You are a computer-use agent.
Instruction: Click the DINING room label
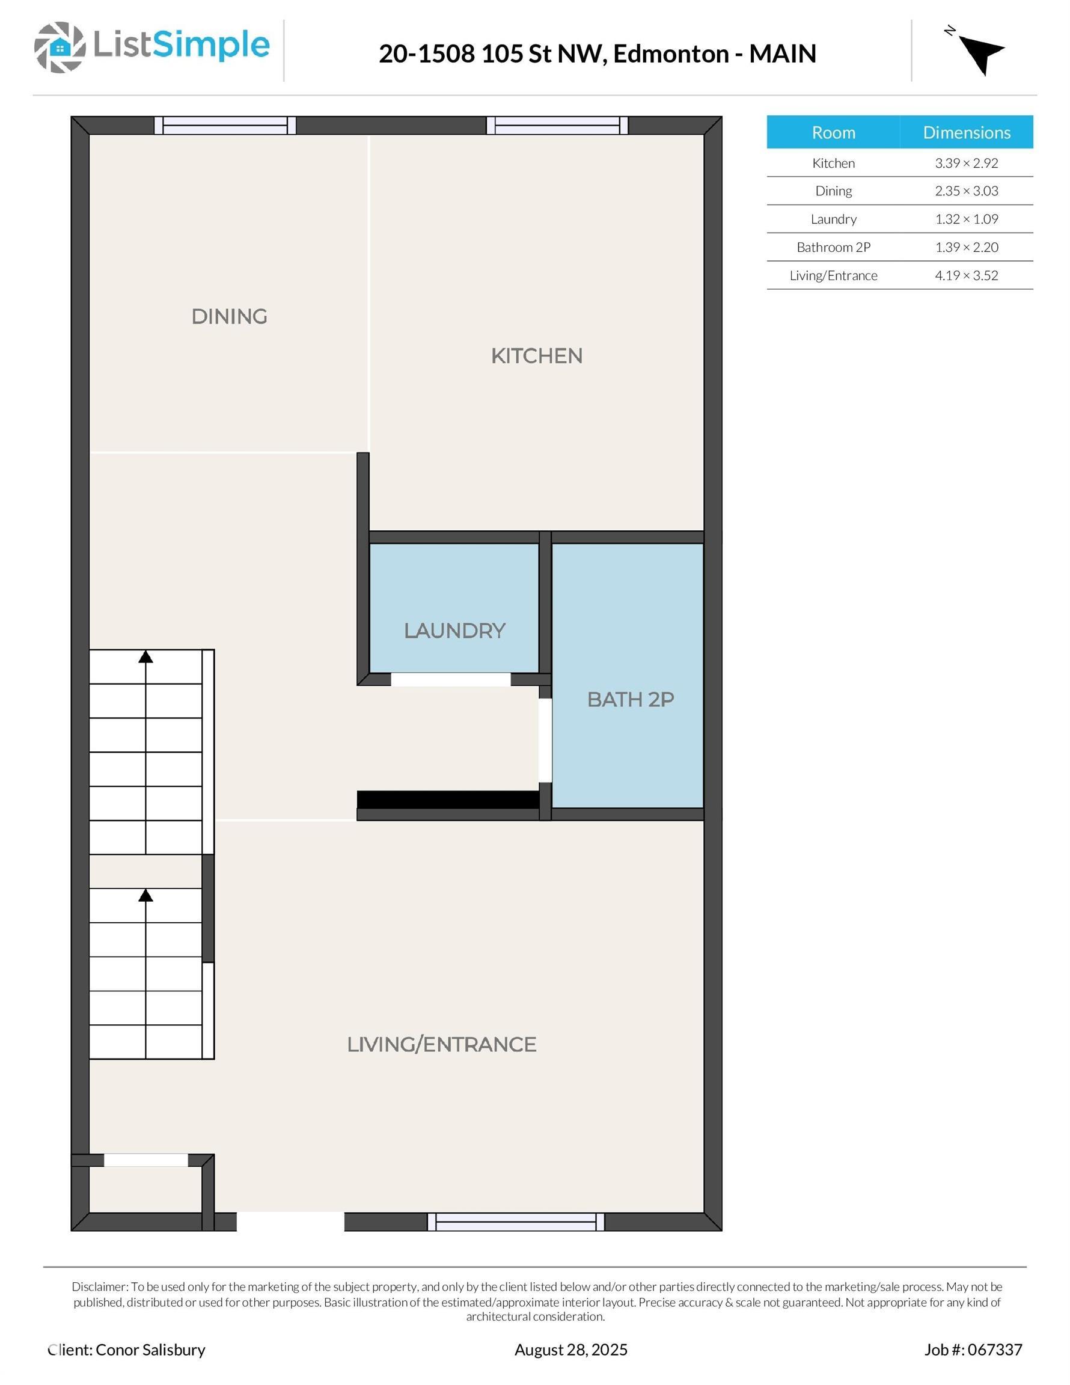(229, 316)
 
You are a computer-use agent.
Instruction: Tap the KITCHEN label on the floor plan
(537, 356)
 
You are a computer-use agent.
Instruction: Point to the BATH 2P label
(630, 700)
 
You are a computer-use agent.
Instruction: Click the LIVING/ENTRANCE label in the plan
(441, 1044)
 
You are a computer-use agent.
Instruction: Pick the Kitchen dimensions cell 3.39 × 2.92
(966, 163)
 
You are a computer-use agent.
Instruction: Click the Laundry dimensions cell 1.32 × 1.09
(966, 219)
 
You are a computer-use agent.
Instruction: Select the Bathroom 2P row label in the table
(833, 247)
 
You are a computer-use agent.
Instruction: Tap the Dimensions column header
(966, 132)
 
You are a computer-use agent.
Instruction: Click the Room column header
(833, 132)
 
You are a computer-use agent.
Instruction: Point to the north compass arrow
(980, 54)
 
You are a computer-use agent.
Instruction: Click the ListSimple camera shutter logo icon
(60, 47)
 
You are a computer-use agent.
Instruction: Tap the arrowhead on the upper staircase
(146, 657)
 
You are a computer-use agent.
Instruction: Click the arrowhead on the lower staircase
(146, 896)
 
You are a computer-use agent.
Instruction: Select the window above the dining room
(225, 126)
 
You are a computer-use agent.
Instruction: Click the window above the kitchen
(557, 126)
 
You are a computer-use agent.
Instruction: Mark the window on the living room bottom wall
(516, 1221)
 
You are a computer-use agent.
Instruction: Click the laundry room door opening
(450, 680)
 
